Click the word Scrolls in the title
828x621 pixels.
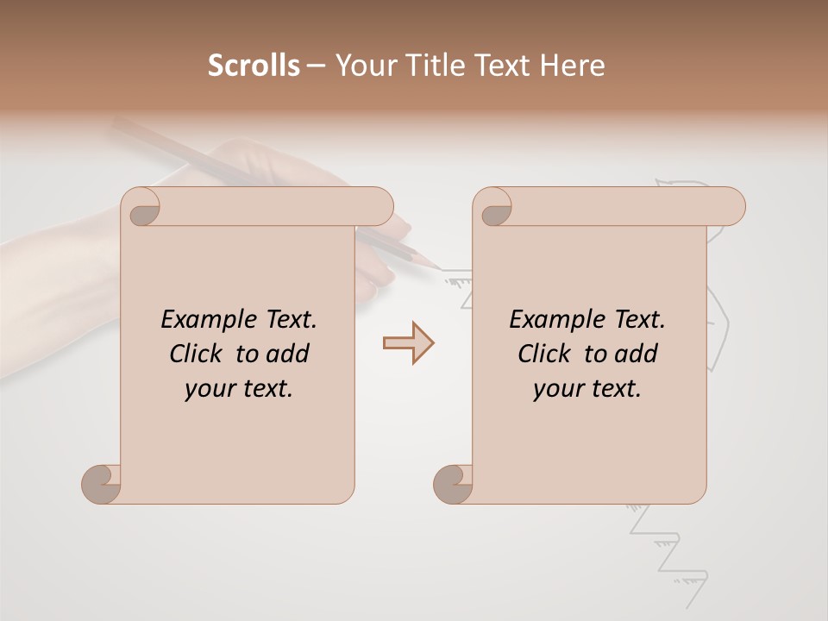pos(254,66)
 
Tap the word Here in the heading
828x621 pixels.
pos(573,66)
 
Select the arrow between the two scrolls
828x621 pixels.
pos(408,342)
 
